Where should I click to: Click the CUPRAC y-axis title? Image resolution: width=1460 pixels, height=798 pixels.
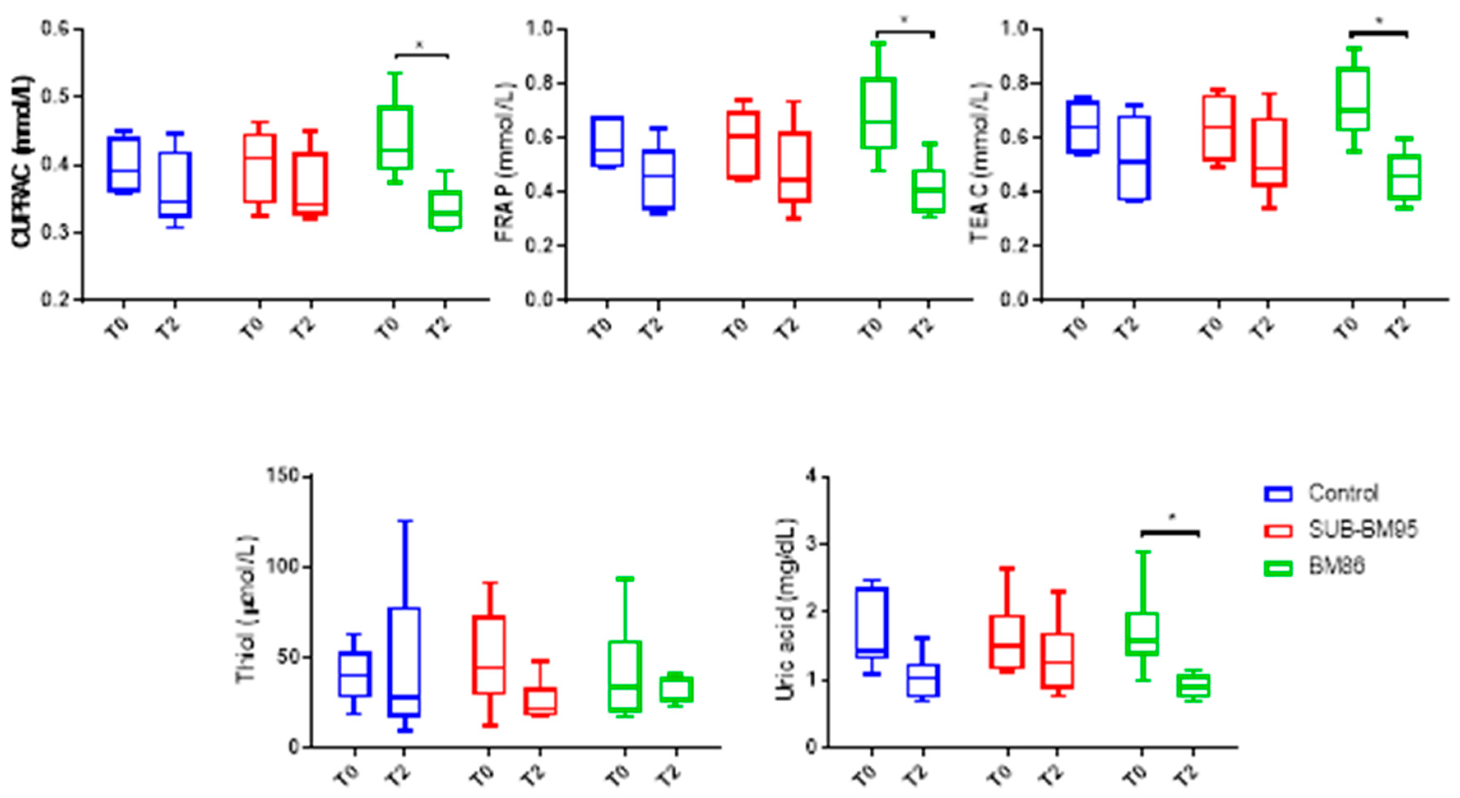point(23,162)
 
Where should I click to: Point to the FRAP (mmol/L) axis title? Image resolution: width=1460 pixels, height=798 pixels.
point(504,162)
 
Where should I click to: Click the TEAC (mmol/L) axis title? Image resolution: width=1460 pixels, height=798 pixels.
point(980,162)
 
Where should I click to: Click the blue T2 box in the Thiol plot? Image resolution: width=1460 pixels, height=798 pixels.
point(405,662)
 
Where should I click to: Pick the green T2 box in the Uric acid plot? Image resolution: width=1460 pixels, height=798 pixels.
point(1193,685)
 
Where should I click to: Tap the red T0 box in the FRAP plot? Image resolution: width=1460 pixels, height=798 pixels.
point(743,145)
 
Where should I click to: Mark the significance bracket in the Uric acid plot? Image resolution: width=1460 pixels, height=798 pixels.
point(1170,532)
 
